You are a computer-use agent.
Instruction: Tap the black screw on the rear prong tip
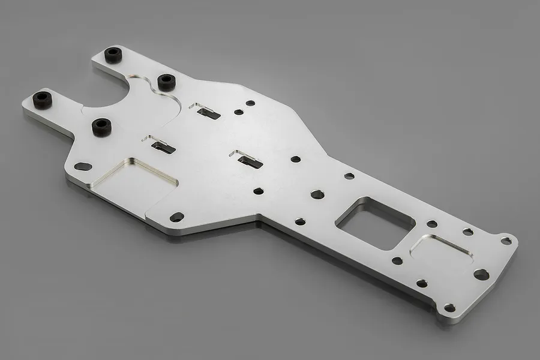pyautogui.click(x=113, y=55)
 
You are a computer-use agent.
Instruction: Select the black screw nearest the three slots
pyautogui.click(x=166, y=80)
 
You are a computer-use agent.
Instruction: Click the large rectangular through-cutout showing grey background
pyautogui.click(x=373, y=222)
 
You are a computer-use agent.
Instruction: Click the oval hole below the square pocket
pyautogui.click(x=176, y=217)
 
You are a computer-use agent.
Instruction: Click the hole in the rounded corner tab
pyautogui.click(x=506, y=241)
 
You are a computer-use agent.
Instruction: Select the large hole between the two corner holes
pyautogui.click(x=481, y=274)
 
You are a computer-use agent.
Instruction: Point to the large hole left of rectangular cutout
pyautogui.click(x=317, y=194)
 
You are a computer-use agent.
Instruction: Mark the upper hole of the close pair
pyautogui.click(x=250, y=103)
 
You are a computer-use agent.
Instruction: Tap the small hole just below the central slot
pyautogui.click(x=258, y=191)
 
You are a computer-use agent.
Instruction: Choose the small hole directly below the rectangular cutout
pyautogui.click(x=397, y=261)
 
